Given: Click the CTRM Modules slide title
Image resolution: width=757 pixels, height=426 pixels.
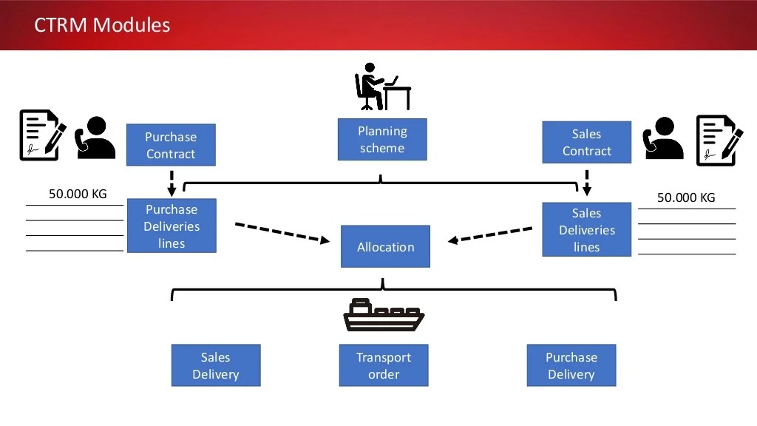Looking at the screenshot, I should point(102,25).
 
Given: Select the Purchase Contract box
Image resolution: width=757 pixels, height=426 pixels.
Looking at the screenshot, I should point(171,145).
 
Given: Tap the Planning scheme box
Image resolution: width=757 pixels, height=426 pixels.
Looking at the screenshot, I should point(382,139).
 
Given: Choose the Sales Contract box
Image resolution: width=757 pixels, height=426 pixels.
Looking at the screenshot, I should point(586,142).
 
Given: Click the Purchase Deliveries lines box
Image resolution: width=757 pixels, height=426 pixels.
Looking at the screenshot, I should point(172,226).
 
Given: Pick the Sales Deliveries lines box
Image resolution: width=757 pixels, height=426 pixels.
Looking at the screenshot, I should point(586,229).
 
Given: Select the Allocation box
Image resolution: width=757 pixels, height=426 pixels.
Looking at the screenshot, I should point(385,246).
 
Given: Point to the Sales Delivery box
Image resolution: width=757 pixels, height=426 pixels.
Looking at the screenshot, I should point(216,365).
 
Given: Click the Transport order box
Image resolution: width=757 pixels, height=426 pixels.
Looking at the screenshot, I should point(384,365).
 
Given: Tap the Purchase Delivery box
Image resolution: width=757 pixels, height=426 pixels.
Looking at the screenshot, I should point(571,365).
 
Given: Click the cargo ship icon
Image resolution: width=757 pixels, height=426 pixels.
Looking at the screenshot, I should point(384,314).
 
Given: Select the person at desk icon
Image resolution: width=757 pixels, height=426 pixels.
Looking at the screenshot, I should point(382,87).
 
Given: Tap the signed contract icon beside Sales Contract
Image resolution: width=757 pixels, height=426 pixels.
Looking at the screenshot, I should point(719,140).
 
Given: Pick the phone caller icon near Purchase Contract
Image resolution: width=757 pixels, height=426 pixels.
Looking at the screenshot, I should point(95,138).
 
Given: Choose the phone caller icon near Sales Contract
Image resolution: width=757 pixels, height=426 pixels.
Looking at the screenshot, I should point(663,139).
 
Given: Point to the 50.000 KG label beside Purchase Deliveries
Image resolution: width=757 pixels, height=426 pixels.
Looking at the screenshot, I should point(78,195).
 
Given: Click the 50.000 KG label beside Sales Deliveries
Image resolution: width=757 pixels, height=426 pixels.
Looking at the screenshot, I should point(686,197).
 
